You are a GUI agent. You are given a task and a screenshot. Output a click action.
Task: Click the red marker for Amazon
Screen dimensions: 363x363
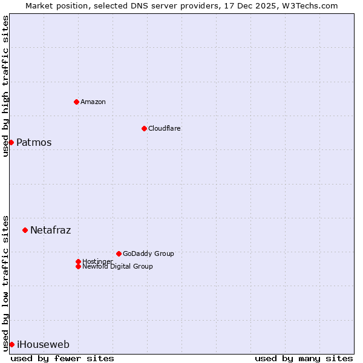(76, 102)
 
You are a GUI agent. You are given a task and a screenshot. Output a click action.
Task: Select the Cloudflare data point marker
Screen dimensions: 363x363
(144, 128)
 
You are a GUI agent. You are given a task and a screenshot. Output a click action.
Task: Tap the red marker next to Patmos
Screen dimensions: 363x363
(11, 142)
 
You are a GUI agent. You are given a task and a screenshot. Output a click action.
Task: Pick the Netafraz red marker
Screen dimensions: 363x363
(25, 230)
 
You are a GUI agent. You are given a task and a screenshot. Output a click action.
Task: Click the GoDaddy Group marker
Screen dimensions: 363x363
(119, 253)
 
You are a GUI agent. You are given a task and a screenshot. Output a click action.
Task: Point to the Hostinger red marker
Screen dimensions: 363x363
(78, 261)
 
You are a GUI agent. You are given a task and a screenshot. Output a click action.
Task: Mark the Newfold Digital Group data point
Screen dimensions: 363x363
(78, 266)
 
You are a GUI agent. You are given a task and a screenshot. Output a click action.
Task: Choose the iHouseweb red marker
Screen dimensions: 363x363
(11, 344)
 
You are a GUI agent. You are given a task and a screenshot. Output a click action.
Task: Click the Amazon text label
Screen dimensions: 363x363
(93, 102)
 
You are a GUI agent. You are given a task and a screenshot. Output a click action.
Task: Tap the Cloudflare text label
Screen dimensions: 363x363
(165, 128)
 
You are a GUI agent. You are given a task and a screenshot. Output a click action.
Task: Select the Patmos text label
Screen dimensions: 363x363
(34, 143)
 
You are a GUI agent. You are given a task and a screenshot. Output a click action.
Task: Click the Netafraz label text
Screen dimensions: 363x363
(51, 231)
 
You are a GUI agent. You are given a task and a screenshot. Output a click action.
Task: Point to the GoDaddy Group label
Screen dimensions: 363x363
(148, 253)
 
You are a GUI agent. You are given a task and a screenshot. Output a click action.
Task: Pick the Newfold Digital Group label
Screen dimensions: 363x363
(118, 267)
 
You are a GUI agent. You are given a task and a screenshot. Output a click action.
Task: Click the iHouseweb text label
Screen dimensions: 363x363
(43, 345)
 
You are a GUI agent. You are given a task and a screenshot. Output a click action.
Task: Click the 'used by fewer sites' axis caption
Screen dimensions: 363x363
(62, 358)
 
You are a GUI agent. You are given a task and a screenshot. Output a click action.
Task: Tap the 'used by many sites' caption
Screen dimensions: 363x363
(304, 358)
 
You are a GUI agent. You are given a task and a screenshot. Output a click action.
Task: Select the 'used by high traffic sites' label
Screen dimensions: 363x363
(5, 86)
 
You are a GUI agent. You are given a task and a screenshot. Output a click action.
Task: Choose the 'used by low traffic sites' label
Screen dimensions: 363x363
(5, 283)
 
